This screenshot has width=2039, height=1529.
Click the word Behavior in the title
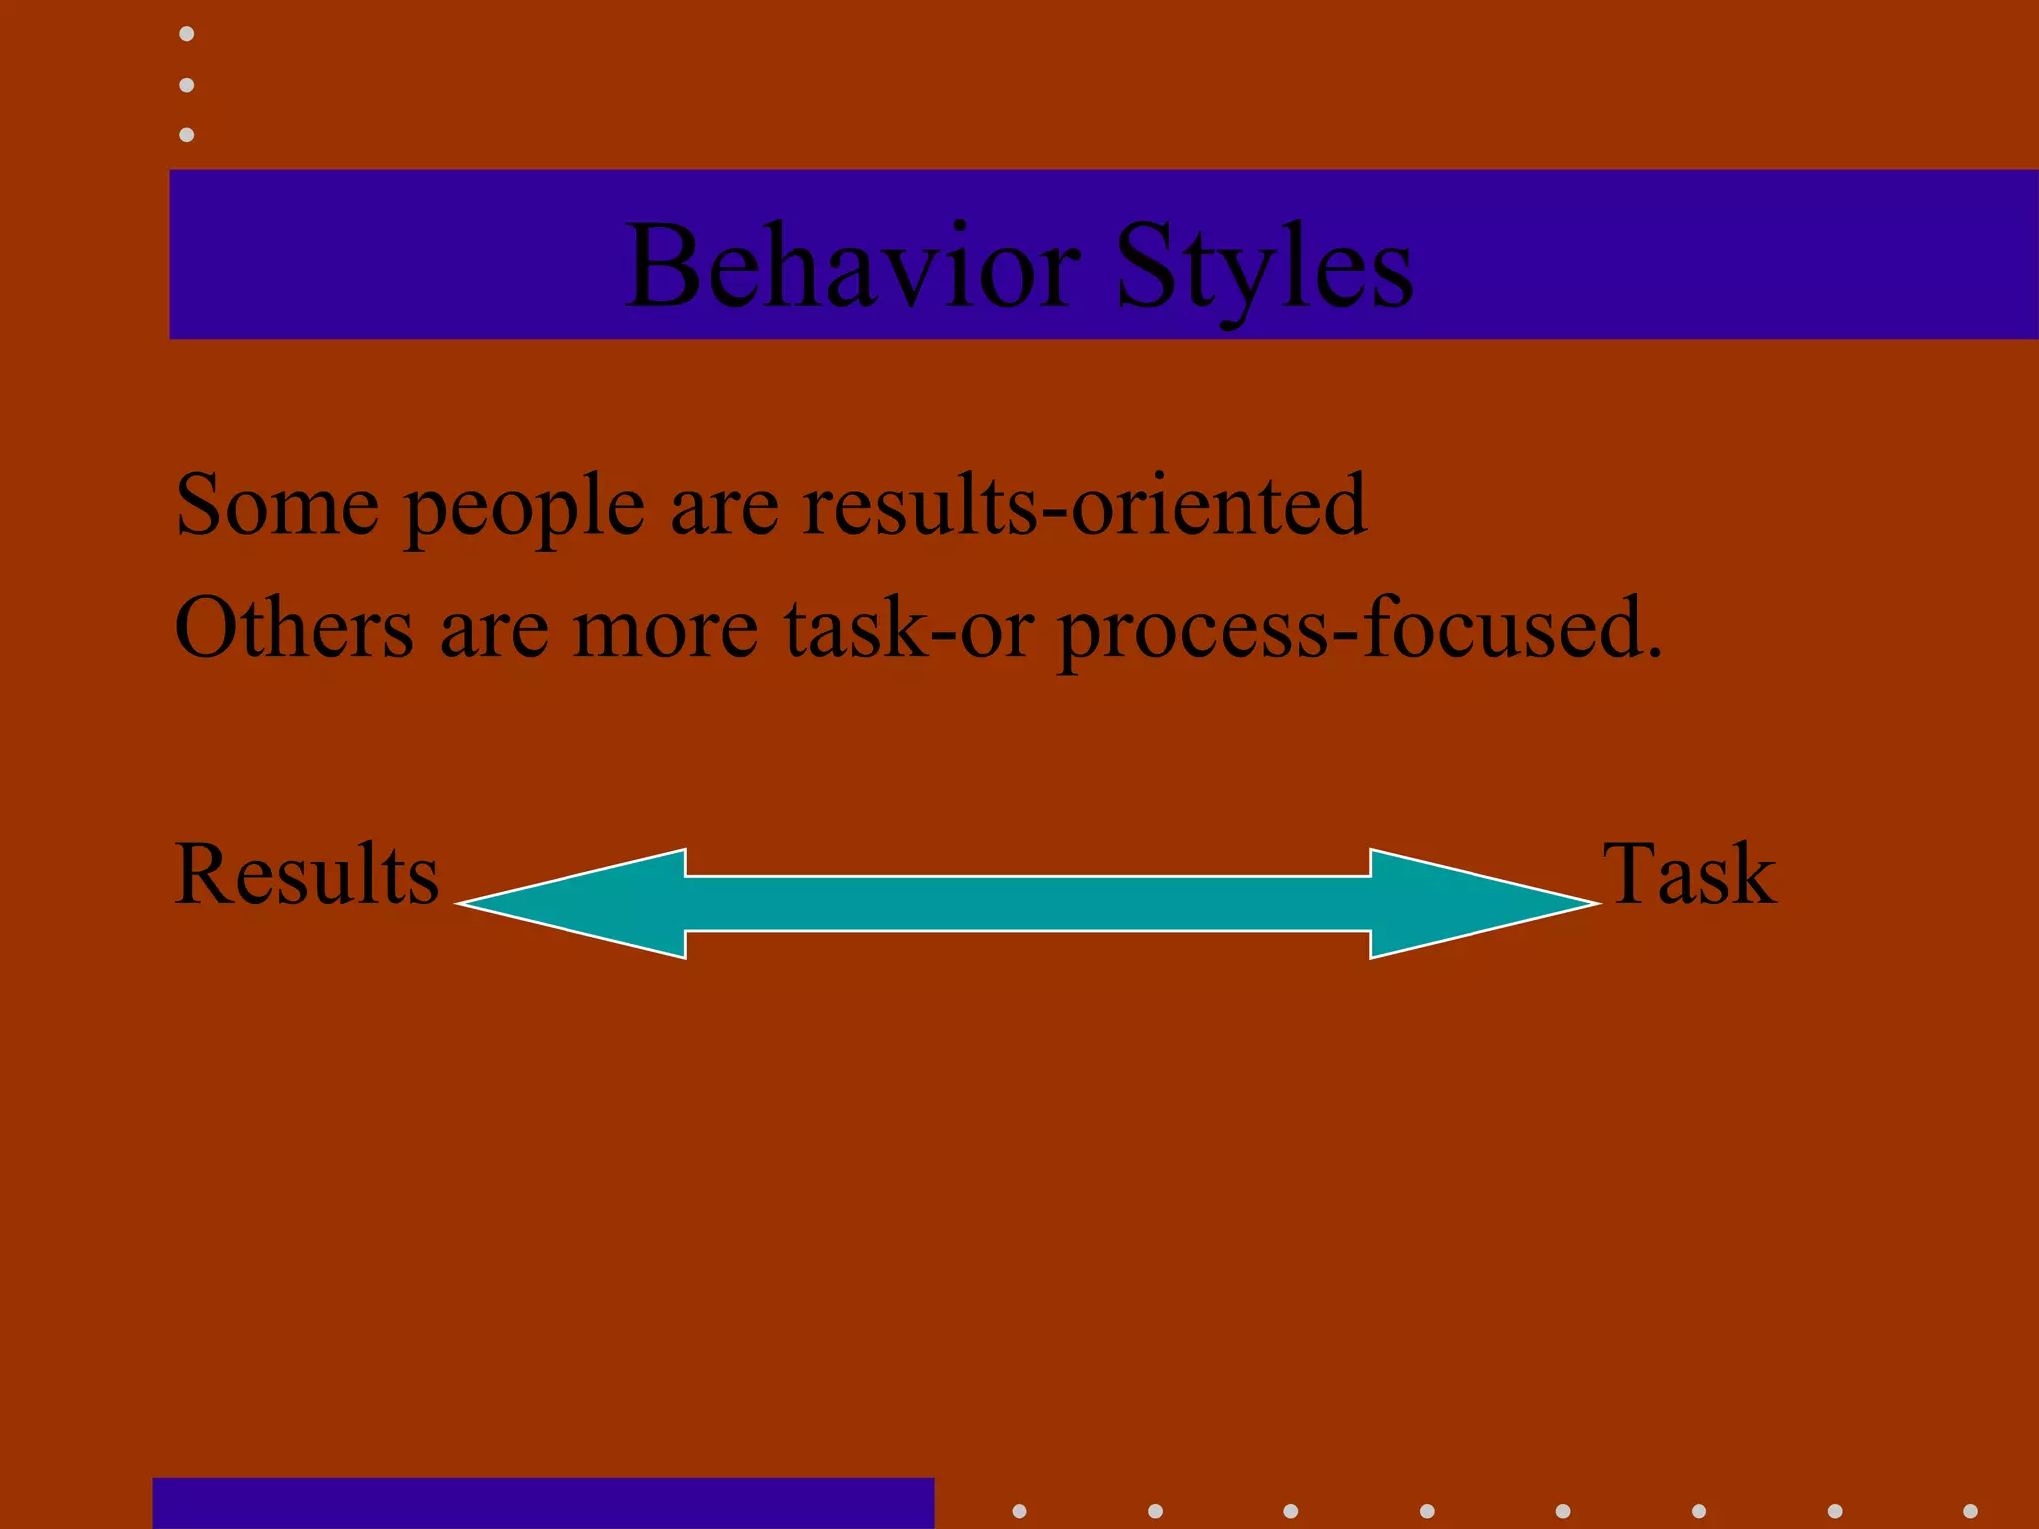[852, 267]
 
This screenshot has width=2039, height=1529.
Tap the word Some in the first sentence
[277, 506]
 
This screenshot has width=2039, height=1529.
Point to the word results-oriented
[1084, 506]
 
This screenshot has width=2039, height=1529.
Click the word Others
[294, 628]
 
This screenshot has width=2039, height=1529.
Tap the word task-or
[908, 629]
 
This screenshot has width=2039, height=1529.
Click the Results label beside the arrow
[307, 874]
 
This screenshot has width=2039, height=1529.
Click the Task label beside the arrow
[1689, 874]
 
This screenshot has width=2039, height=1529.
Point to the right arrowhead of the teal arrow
[1473, 903]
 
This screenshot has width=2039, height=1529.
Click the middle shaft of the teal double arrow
[1027, 903]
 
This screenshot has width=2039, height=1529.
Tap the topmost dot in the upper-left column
[186, 34]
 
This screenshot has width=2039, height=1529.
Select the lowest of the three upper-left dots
[186, 134]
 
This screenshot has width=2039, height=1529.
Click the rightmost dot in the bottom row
[1970, 1511]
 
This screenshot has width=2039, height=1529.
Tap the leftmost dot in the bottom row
[1019, 1511]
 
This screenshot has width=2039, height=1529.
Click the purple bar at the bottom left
[543, 1503]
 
